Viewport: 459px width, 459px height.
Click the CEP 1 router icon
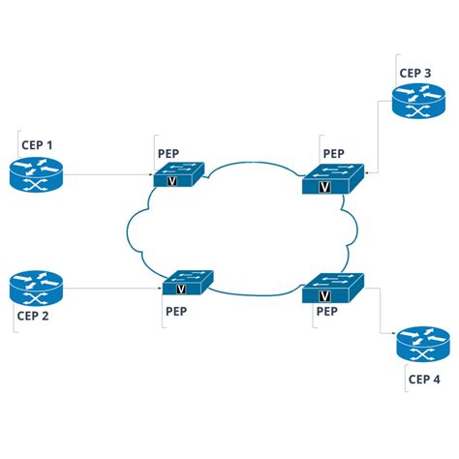(36, 175)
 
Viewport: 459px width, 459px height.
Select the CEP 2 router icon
(36, 287)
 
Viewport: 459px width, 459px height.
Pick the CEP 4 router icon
(422, 346)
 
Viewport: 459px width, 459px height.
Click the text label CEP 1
(37, 146)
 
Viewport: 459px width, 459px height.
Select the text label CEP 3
(415, 72)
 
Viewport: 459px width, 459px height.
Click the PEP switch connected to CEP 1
(179, 175)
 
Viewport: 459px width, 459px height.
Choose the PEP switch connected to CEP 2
(187, 285)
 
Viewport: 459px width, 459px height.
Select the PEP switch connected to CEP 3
(331, 180)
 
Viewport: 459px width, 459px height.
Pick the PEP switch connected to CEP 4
(331, 289)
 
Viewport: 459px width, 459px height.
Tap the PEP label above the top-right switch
(333, 152)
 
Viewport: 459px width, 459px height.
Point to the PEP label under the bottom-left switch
(176, 312)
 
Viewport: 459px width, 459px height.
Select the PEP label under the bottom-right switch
(326, 312)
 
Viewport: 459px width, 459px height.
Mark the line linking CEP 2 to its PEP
(111, 288)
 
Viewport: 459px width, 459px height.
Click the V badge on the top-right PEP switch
(324, 187)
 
